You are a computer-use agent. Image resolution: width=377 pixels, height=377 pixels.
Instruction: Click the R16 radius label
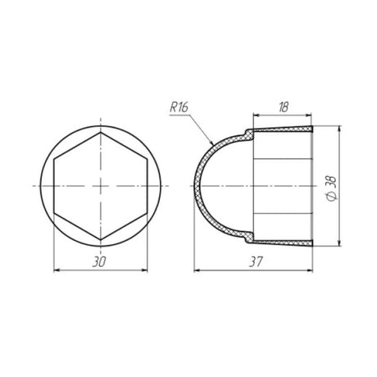point(179,107)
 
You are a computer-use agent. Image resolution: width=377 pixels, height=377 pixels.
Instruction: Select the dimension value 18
point(284,107)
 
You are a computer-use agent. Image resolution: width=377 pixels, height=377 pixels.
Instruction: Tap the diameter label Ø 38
point(332,188)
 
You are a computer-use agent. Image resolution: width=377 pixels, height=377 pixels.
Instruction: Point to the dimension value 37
point(256,262)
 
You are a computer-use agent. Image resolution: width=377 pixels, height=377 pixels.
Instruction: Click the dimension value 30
point(99,262)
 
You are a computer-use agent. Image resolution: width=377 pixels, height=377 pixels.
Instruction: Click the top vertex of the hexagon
point(101,133)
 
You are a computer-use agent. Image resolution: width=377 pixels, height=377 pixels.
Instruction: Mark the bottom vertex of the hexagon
point(101,240)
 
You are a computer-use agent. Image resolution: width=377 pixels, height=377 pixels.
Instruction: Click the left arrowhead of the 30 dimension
point(57,270)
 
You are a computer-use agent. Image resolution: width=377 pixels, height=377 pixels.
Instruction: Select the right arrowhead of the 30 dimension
point(144,270)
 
